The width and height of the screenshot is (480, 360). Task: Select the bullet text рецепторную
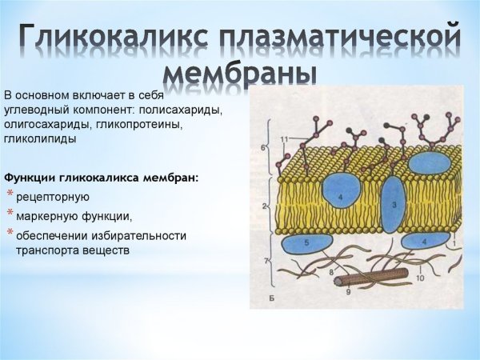(53, 197)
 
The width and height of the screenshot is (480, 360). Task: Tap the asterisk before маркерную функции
(10, 214)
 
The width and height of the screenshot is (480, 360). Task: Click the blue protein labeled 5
(305, 242)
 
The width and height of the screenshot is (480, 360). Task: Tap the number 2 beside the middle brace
(264, 206)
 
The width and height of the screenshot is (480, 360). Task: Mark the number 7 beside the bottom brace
(264, 262)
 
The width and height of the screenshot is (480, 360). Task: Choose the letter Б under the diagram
(274, 298)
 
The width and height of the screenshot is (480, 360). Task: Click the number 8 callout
(331, 272)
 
